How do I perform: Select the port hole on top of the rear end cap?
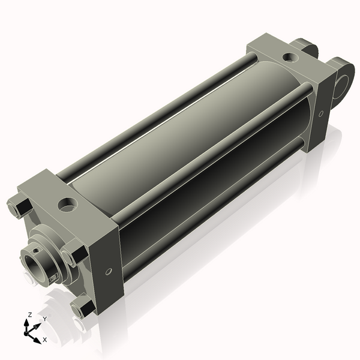[x=290, y=58]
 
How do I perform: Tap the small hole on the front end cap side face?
[x=108, y=272]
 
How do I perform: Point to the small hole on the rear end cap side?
[x=321, y=113]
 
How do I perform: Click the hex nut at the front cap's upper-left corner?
[x=19, y=206]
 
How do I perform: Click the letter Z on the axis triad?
[x=29, y=315]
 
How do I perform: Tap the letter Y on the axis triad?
[x=44, y=319]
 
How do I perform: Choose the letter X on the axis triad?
[x=44, y=339]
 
